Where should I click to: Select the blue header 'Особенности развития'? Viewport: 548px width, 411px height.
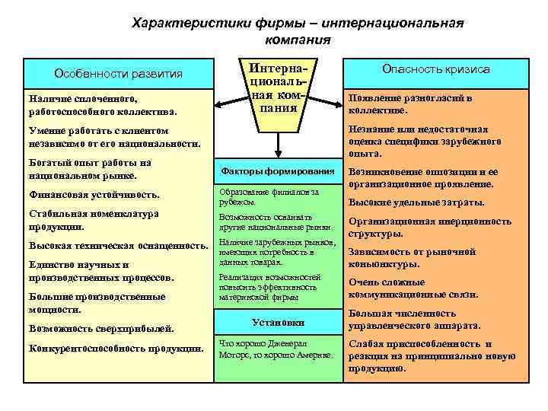(118, 74)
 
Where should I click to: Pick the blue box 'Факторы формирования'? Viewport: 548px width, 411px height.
(277, 170)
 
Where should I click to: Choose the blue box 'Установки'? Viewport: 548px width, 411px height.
(277, 322)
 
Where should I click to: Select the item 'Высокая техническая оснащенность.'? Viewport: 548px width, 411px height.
(118, 245)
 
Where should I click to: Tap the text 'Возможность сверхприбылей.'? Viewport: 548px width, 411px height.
(101, 329)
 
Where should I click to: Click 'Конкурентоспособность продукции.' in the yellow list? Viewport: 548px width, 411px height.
(116, 349)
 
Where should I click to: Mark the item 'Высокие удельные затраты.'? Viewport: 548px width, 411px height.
(416, 202)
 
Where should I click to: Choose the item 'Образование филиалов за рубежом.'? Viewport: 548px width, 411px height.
(268, 196)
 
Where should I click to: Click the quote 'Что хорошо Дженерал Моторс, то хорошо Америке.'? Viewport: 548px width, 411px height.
(275, 348)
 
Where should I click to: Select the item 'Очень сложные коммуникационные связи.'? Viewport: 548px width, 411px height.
(413, 288)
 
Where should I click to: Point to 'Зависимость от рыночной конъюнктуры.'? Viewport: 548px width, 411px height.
(412, 258)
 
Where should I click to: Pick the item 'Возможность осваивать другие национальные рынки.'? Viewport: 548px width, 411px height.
(275, 221)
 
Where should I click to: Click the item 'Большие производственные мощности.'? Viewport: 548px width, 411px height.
(97, 304)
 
